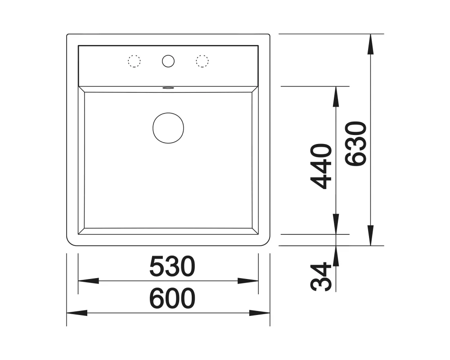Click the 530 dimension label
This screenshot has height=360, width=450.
coord(172,266)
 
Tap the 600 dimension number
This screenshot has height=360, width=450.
coord(172,298)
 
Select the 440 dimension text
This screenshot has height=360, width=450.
coord(321,166)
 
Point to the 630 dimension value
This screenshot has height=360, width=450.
coord(356,144)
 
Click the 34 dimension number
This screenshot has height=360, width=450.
coord(321,276)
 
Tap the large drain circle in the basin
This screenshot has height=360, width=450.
coord(168,128)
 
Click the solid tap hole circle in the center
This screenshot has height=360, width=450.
coord(168,61)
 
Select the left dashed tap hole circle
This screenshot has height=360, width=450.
coord(134,61)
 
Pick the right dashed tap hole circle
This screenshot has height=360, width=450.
coord(202,61)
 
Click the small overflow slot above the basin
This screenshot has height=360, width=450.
coord(168,88)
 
